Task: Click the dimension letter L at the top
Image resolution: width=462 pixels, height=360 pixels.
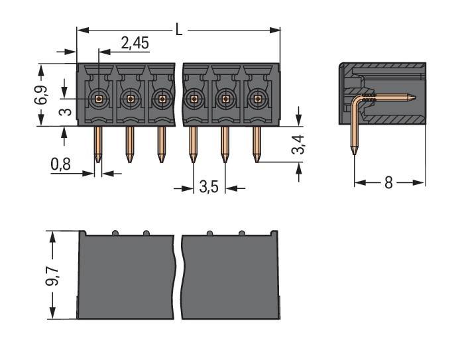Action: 179,29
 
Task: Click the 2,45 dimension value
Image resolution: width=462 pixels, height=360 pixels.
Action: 135,44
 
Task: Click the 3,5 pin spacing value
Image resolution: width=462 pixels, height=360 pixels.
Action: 209,188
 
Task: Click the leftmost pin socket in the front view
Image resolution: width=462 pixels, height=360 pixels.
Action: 98,99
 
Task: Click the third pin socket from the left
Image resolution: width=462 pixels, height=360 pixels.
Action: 162,99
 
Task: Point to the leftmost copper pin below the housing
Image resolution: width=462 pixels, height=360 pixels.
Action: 98,145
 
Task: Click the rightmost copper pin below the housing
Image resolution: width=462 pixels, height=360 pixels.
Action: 257,145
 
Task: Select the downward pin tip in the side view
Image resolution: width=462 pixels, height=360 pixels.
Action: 354,152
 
